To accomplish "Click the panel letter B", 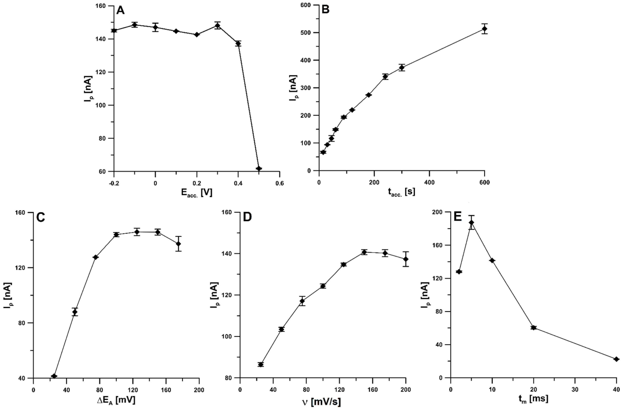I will pos(325,10).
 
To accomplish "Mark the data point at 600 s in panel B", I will pos(485,29).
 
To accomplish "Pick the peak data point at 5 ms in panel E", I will pos(471,222).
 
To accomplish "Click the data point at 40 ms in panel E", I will pos(616,359).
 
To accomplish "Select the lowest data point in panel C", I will pos(54,376).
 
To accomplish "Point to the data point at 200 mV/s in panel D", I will pos(406,259).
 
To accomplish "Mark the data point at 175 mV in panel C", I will pos(179,244).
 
